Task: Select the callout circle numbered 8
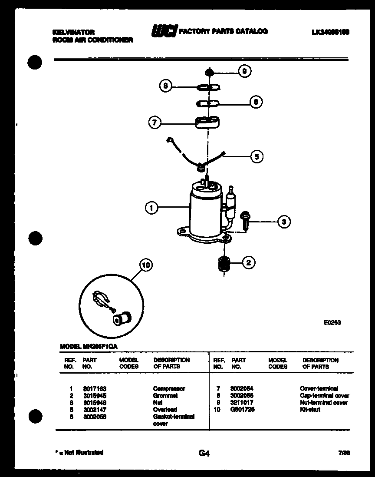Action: point(165,86)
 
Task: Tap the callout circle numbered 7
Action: point(154,123)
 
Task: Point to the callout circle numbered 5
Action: point(257,156)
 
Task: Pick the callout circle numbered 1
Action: point(151,208)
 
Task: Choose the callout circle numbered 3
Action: point(283,222)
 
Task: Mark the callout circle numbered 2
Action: point(248,262)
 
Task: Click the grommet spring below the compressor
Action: point(224,264)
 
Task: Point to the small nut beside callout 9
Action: point(209,72)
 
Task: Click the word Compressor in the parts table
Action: point(169,388)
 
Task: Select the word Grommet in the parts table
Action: point(165,395)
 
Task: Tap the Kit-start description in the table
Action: point(310,409)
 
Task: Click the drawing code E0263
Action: point(332,322)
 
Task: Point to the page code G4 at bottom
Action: point(204,454)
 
